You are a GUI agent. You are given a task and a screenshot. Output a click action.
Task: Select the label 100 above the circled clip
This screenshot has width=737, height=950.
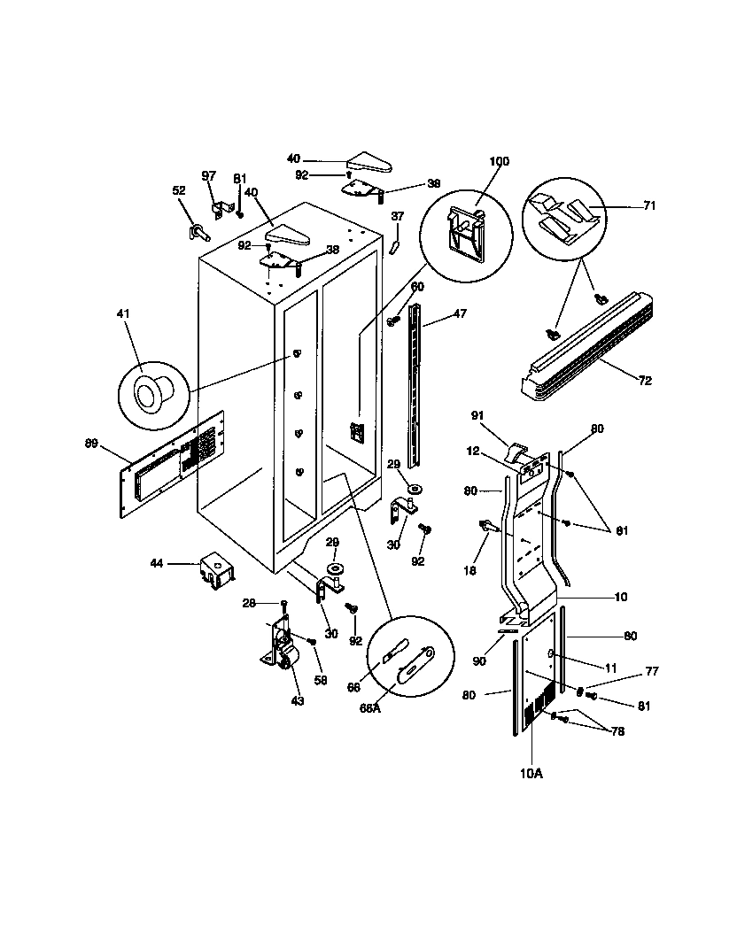[500, 162]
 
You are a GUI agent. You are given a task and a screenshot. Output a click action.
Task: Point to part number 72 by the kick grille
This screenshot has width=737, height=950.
[644, 381]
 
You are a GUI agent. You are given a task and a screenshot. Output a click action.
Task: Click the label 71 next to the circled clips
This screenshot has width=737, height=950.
[649, 205]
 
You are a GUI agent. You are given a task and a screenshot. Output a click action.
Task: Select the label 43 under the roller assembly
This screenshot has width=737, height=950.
[298, 701]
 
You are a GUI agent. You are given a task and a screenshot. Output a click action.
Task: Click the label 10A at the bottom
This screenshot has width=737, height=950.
[531, 773]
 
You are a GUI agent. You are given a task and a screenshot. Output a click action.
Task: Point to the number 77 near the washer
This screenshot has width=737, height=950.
[652, 672]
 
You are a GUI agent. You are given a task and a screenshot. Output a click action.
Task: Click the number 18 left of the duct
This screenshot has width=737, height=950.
[470, 571]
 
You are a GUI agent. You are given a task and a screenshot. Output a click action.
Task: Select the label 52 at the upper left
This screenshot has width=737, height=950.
[178, 190]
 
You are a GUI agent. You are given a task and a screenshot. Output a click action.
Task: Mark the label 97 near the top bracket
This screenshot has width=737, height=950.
[209, 176]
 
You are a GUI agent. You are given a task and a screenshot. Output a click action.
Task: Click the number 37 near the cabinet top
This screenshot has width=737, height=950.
[397, 216]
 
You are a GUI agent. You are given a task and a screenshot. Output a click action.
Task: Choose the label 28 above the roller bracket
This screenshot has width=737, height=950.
[249, 603]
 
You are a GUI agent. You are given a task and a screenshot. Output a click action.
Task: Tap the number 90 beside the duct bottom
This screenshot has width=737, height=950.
[480, 661]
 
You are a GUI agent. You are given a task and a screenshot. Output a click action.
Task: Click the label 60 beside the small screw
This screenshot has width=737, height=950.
[417, 286]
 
